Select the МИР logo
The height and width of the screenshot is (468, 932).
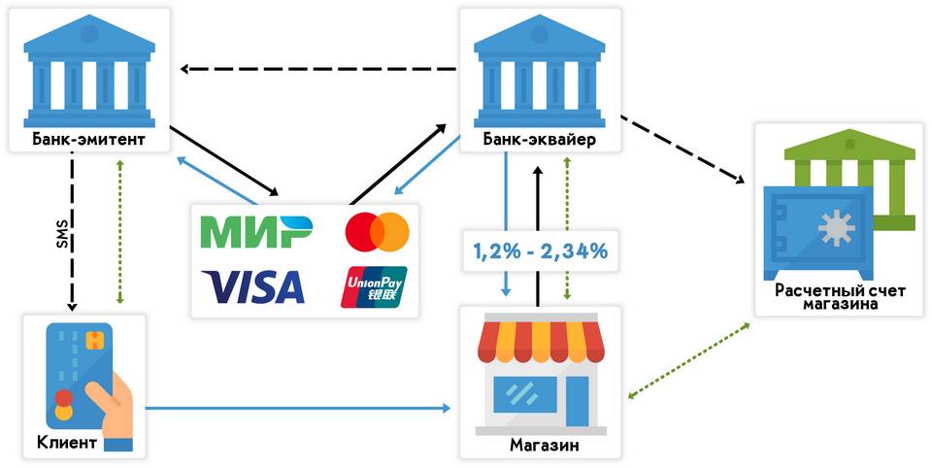[x=255, y=232]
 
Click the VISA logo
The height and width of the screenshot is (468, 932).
[x=253, y=286]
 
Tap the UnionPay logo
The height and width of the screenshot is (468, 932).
[x=375, y=286]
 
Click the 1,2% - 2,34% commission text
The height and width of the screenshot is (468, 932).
[x=540, y=251]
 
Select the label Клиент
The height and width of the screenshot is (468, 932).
[x=67, y=444]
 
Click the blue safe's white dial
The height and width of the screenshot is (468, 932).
[x=832, y=230]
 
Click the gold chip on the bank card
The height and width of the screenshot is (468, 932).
[x=94, y=340]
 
